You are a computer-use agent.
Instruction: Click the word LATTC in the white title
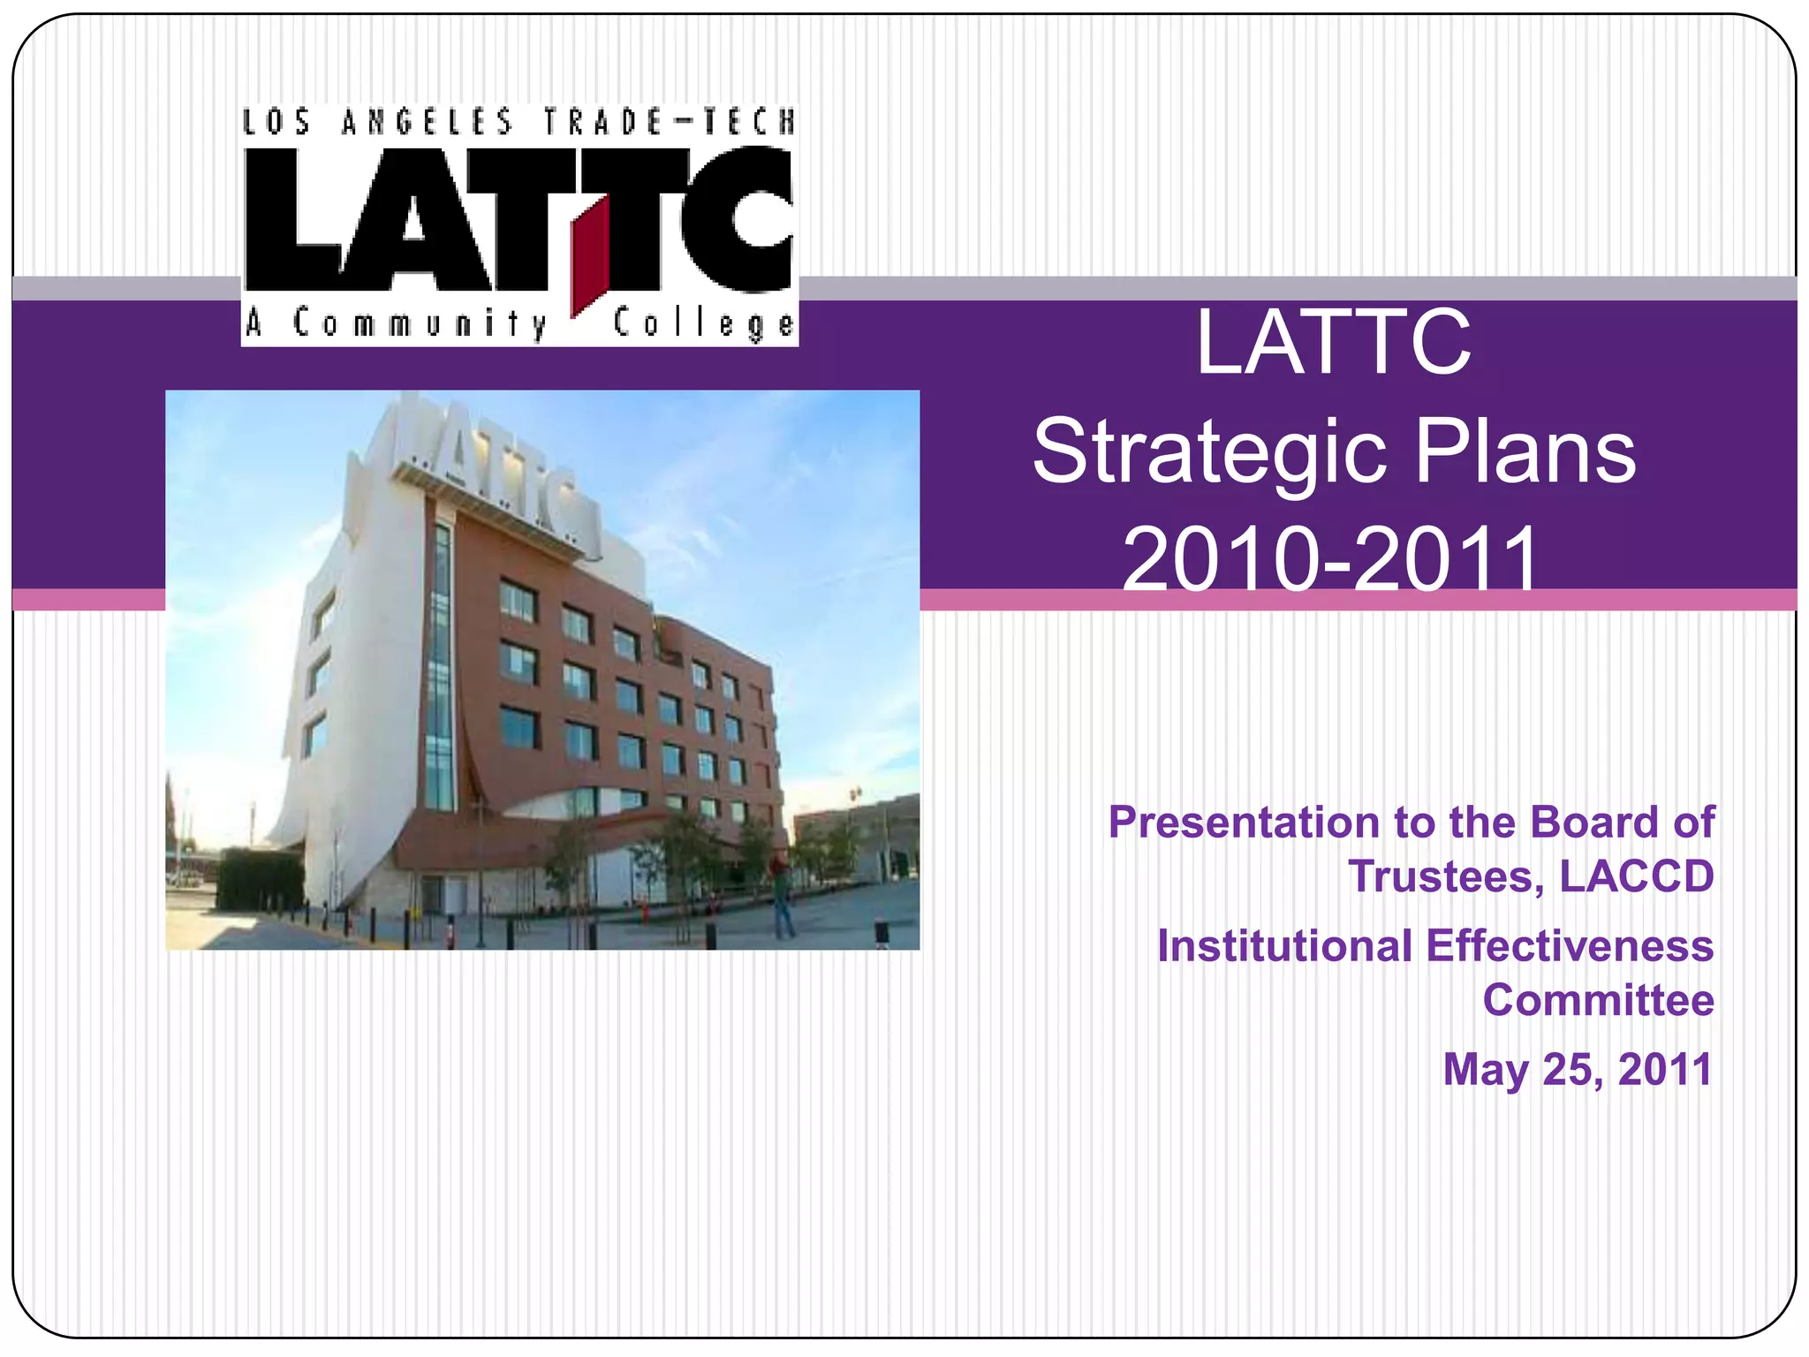(1333, 343)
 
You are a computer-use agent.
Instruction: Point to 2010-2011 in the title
(1331, 558)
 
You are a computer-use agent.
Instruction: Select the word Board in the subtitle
(1595, 823)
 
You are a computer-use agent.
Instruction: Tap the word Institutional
(1284, 946)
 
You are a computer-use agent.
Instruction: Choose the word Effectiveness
(1570, 946)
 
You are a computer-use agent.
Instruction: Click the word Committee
(1598, 1000)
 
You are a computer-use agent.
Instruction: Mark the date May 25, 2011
(1578, 1069)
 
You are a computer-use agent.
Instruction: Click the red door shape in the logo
(590, 257)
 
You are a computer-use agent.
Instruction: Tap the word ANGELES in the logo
(427, 122)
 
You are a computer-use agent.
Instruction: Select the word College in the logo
(703, 324)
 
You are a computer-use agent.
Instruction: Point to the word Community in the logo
(420, 324)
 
